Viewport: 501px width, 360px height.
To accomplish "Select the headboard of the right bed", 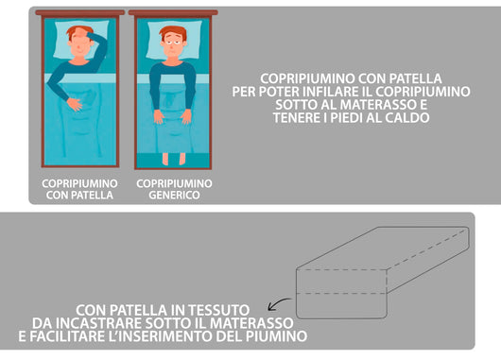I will [x=174, y=13].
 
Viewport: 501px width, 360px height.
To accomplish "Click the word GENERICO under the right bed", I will [x=174, y=196].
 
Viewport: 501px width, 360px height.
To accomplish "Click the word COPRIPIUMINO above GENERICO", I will [x=174, y=182].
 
